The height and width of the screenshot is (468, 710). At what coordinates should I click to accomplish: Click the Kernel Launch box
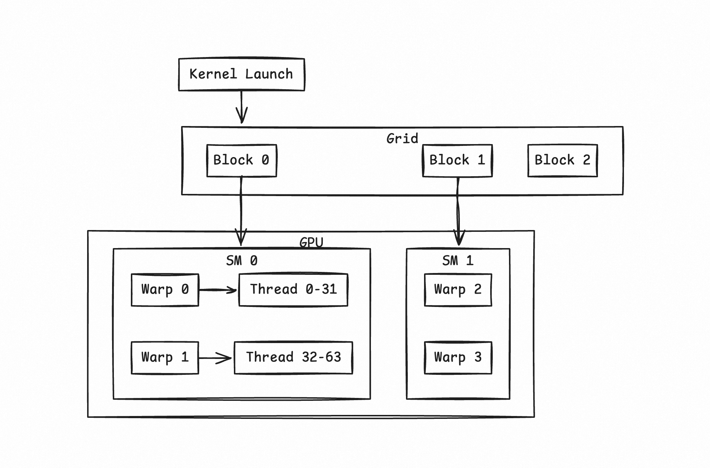pyautogui.click(x=241, y=74)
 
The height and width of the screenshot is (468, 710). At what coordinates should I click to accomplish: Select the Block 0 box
pyautogui.click(x=241, y=160)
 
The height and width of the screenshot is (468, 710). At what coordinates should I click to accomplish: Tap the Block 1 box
pyautogui.click(x=457, y=160)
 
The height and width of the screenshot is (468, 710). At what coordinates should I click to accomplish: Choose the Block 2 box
pyautogui.click(x=563, y=160)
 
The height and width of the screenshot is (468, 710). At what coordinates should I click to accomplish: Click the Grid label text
pyautogui.click(x=402, y=138)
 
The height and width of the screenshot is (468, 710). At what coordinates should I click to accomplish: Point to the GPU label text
pyautogui.click(x=311, y=242)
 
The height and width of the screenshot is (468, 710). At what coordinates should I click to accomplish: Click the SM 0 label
pyautogui.click(x=241, y=260)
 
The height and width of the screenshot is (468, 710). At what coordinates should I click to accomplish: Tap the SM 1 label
pyautogui.click(x=458, y=260)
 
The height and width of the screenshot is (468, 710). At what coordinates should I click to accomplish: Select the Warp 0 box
pyautogui.click(x=165, y=290)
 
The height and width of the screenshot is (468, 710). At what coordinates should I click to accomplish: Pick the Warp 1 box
pyautogui.click(x=165, y=357)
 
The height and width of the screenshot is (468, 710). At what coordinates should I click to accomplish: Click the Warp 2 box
pyautogui.click(x=458, y=290)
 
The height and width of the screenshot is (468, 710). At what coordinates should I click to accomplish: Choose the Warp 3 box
pyautogui.click(x=458, y=357)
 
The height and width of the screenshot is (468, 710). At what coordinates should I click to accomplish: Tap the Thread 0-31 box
pyautogui.click(x=293, y=290)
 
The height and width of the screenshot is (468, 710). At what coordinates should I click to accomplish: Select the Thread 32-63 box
pyautogui.click(x=293, y=357)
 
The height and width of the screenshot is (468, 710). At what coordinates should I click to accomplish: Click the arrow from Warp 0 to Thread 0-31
pyautogui.click(x=218, y=290)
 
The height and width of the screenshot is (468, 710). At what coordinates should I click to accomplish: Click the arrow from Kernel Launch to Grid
pyautogui.click(x=241, y=107)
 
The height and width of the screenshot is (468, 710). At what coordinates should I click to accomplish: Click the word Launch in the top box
pyautogui.click(x=269, y=74)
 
